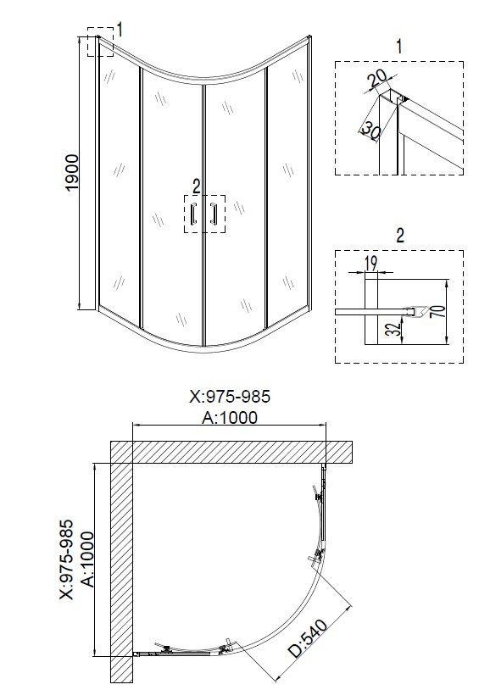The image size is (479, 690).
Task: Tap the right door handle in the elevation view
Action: (214, 215)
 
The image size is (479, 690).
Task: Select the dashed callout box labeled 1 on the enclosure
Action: (99, 44)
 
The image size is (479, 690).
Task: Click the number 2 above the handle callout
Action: (197, 186)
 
